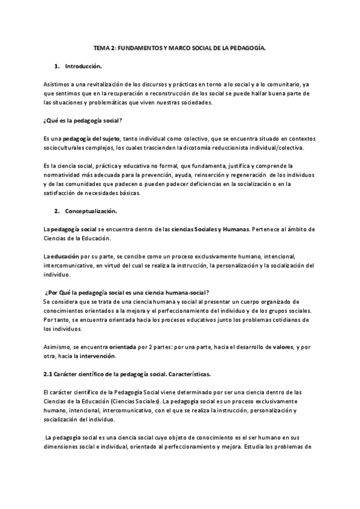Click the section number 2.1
[x=49, y=375]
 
